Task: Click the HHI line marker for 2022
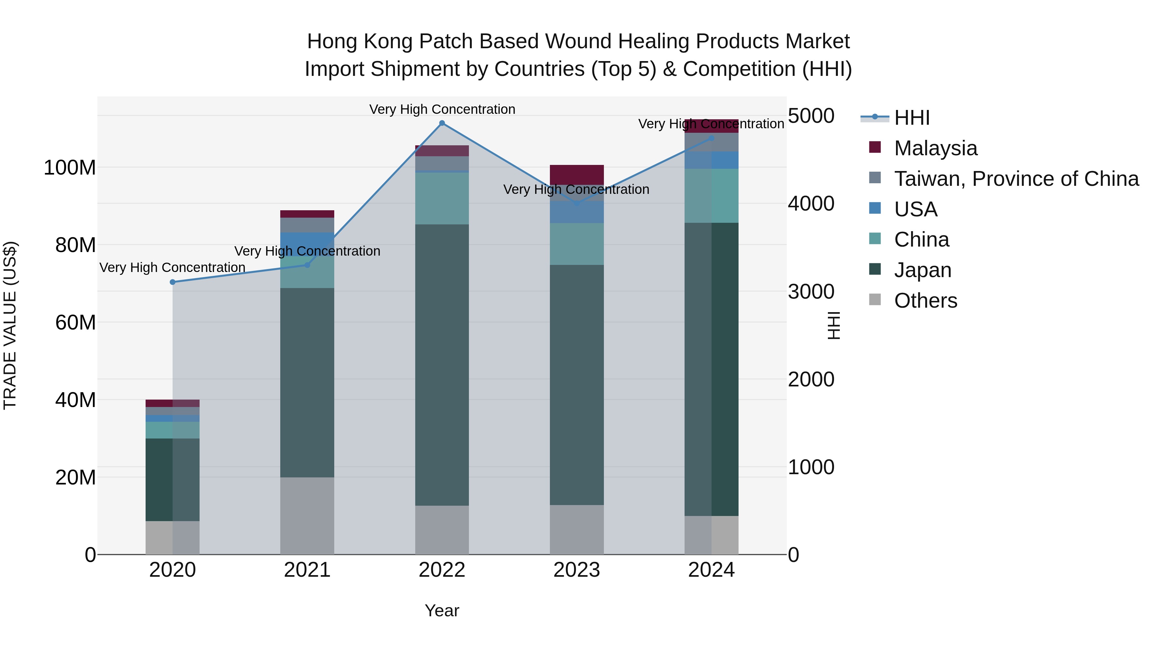coord(442,123)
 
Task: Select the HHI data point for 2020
coord(173,282)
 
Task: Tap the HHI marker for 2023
coord(577,203)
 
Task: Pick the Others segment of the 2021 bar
coord(307,516)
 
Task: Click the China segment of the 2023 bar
coord(577,244)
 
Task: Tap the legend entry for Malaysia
coord(935,148)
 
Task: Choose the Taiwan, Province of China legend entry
coord(1016,179)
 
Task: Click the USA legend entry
coord(915,209)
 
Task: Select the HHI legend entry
coord(912,118)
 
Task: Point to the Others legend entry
coord(925,301)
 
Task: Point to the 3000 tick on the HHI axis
coord(811,292)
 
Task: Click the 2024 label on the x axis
coord(712,570)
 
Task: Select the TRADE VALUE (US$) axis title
coord(10,325)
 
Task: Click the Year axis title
coord(442,610)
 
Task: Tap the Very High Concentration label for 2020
coord(173,267)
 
